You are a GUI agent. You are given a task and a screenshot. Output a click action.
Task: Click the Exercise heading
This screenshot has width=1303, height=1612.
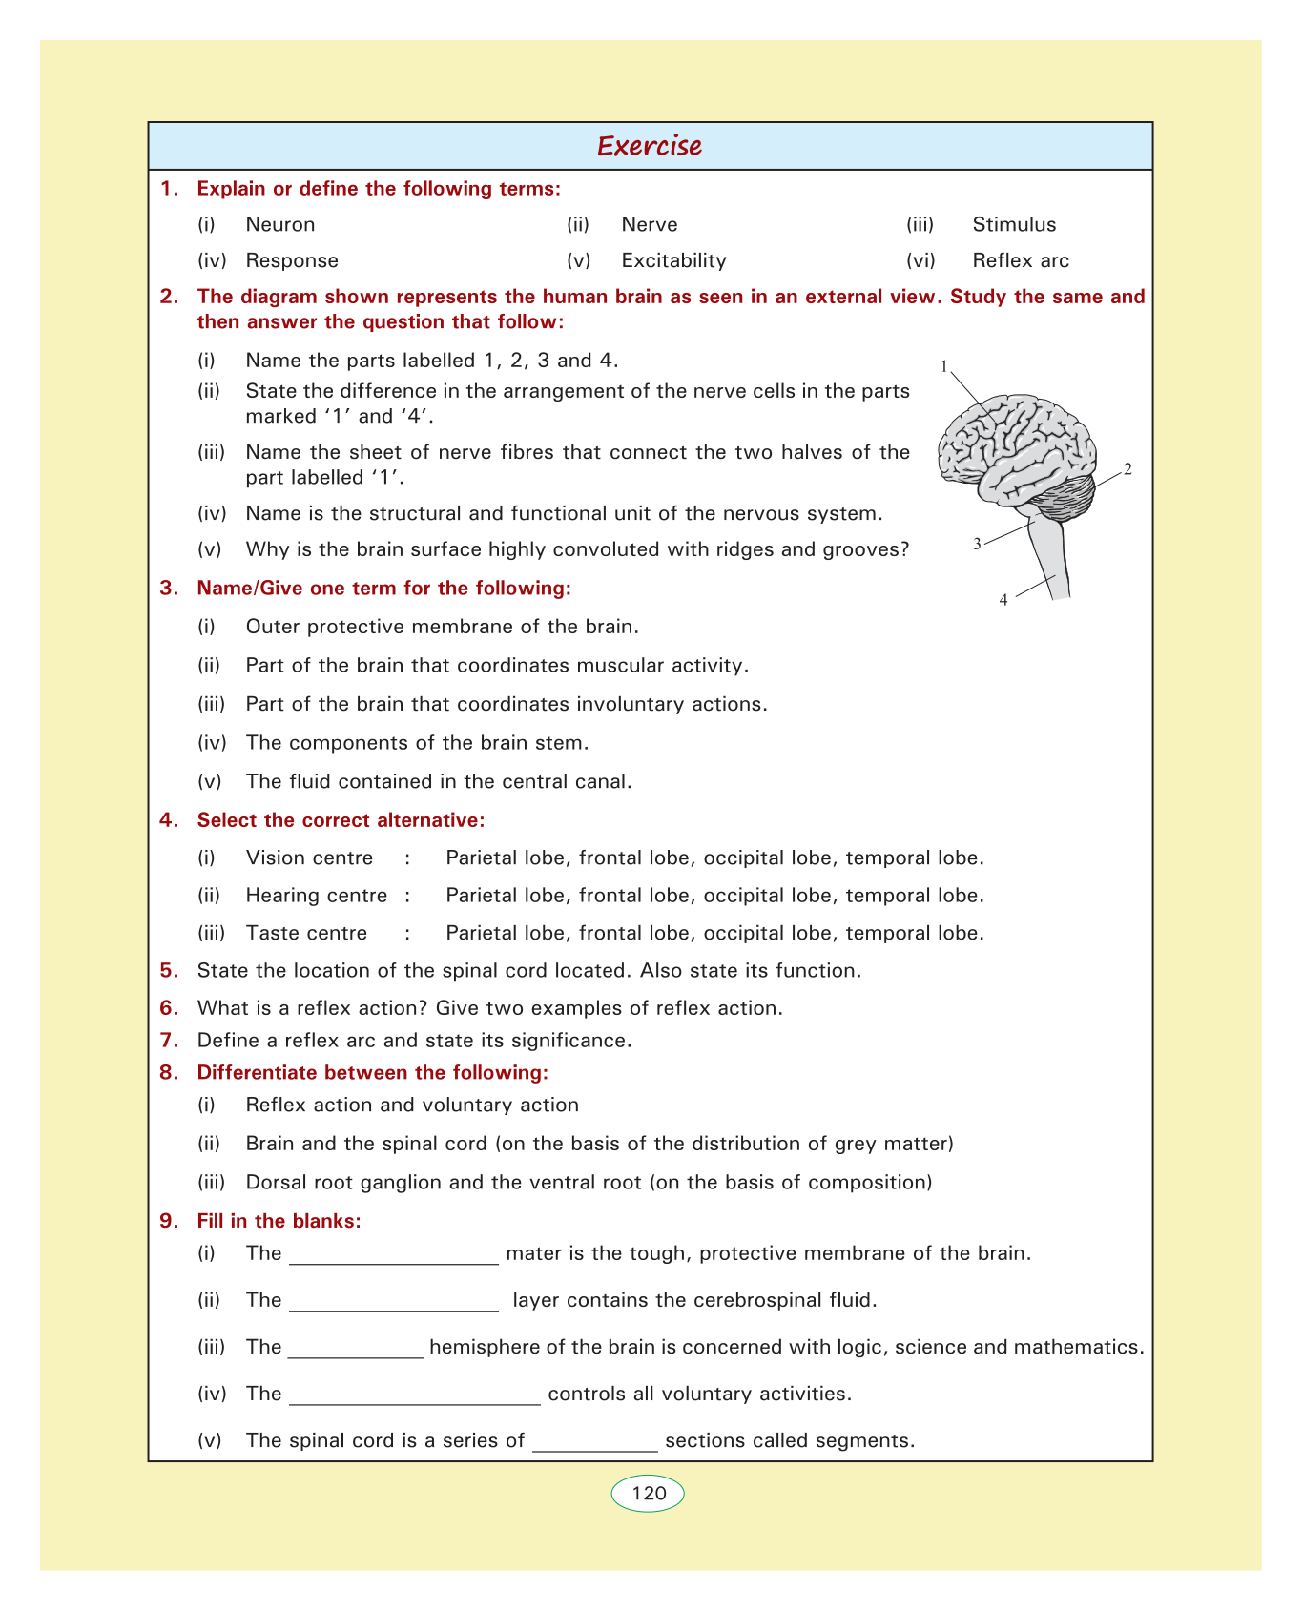click(650, 146)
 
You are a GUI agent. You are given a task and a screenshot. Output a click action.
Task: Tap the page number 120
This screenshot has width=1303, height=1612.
click(649, 1493)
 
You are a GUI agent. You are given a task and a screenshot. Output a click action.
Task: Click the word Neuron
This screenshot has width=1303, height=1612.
click(280, 225)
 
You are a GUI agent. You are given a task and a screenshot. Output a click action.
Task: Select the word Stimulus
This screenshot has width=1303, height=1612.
click(1014, 225)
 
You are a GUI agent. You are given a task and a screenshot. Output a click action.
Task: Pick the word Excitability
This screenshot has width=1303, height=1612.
click(673, 261)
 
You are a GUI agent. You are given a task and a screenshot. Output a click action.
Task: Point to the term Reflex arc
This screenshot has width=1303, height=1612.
click(1021, 261)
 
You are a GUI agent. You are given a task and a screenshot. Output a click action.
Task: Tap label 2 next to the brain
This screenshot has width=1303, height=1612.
click(1127, 469)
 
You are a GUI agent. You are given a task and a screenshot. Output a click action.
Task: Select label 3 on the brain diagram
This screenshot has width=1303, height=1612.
click(977, 545)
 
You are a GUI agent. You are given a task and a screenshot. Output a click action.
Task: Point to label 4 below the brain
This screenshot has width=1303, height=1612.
click(1003, 600)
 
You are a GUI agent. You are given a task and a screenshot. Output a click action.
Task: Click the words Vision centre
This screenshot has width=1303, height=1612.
click(309, 858)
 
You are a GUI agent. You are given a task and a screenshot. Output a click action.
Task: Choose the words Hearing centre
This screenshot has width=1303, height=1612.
click(317, 896)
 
